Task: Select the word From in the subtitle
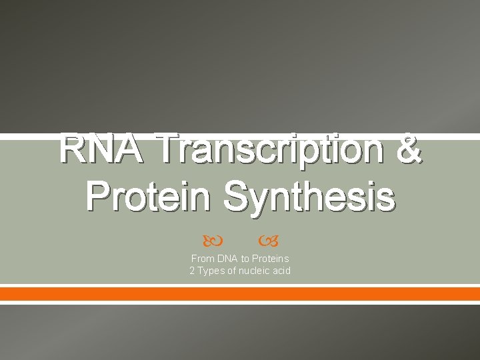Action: click(202, 259)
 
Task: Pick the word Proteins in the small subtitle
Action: click(271, 259)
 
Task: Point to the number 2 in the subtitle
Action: click(192, 271)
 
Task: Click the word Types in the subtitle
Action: click(210, 271)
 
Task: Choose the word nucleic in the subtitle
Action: click(256, 271)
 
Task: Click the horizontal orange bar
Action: click(240, 293)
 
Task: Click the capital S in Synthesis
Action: click(236, 197)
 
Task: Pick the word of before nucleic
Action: click(233, 271)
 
